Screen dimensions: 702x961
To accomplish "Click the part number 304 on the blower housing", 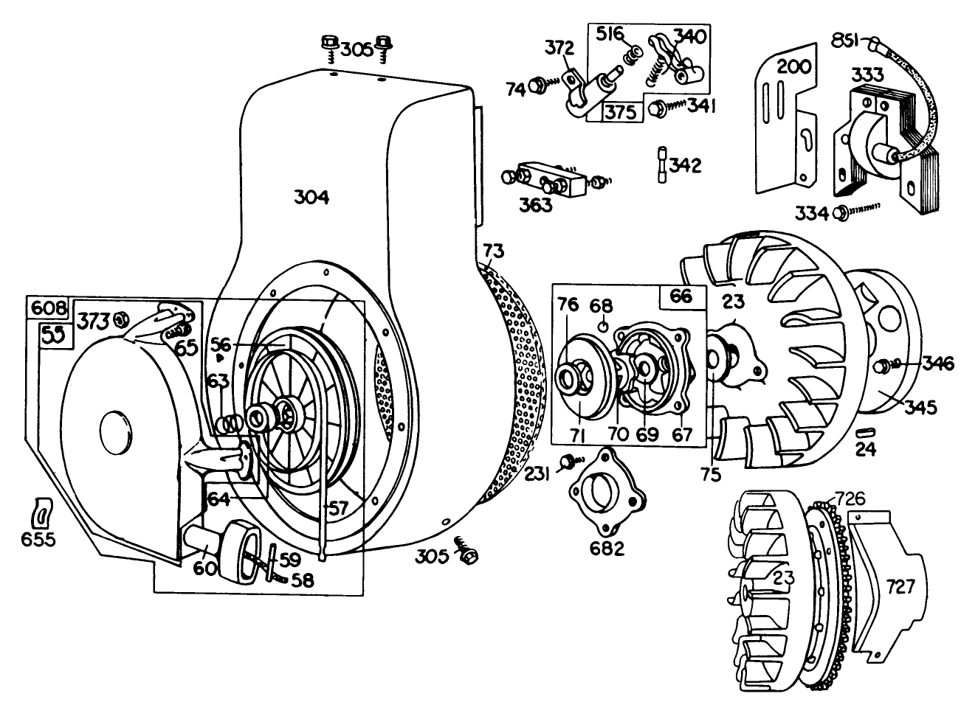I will pos(311,198).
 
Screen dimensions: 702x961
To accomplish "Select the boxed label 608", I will pos(48,306).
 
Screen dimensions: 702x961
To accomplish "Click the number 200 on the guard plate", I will pos(794,68).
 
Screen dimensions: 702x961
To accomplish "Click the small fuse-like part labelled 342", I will pos(661,163).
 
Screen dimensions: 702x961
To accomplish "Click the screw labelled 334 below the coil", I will pos(840,213).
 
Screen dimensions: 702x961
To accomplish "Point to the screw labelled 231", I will pos(568,462).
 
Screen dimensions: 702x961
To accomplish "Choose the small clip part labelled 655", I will pos(43,510).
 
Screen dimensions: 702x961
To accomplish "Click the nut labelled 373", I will pos(123,320).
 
